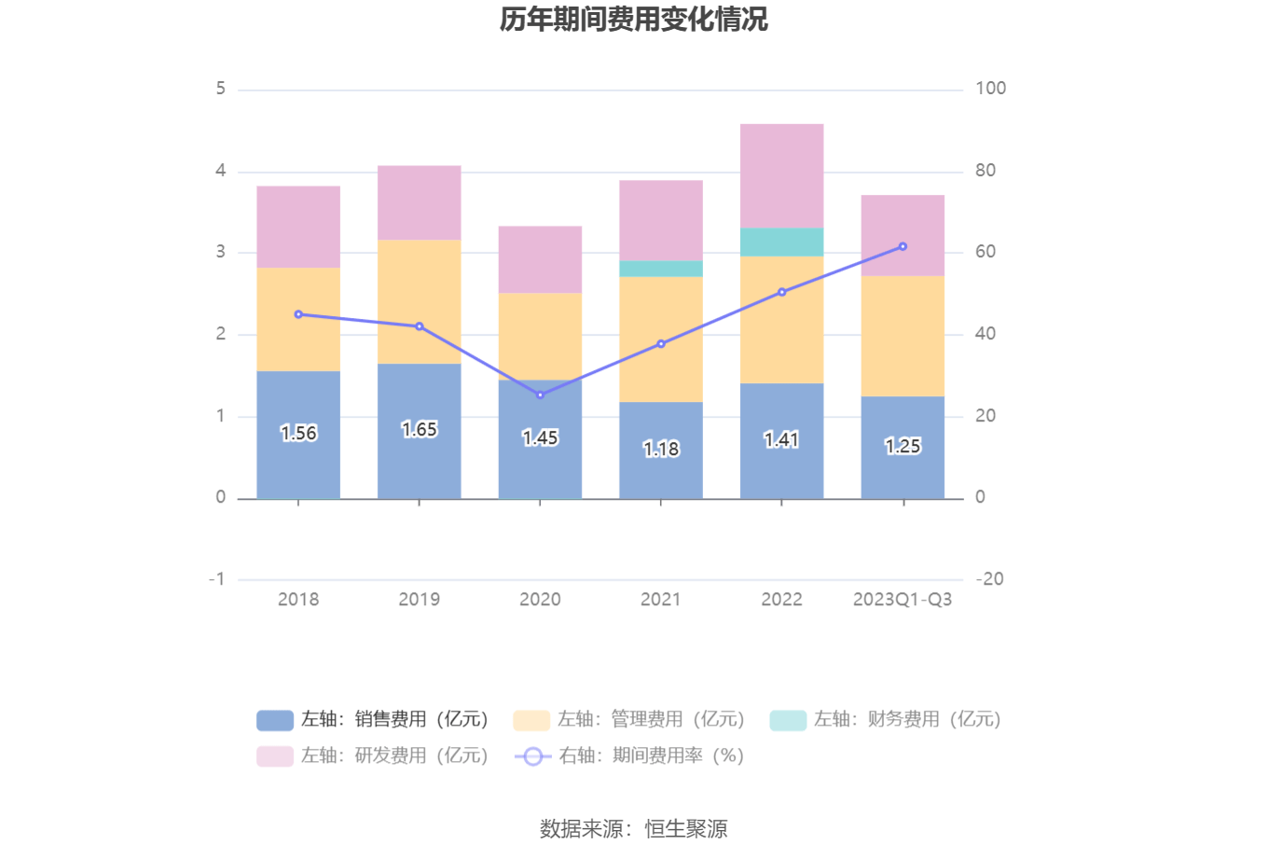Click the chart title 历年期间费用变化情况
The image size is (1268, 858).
(633, 20)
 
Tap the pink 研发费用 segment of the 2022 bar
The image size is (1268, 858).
(781, 175)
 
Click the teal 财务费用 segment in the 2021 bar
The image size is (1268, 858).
(661, 269)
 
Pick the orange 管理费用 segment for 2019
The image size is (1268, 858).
(419, 300)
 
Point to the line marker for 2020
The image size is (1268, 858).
(540, 394)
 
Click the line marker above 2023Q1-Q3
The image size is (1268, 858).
(903, 246)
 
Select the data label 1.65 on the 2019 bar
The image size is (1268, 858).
(419, 429)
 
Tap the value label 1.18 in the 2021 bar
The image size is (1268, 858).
(661, 449)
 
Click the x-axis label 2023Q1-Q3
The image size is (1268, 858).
(902, 599)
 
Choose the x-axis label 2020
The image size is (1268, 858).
(540, 599)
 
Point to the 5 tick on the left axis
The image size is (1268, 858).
(221, 89)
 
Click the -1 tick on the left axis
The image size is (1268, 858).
(217, 579)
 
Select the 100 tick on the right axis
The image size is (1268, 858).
(990, 89)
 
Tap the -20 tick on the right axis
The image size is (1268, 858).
(989, 579)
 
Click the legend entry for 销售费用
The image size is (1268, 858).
(373, 719)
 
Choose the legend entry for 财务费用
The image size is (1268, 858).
(886, 719)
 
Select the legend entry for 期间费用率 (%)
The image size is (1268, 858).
(630, 755)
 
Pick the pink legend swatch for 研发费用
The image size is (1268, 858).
(275, 755)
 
